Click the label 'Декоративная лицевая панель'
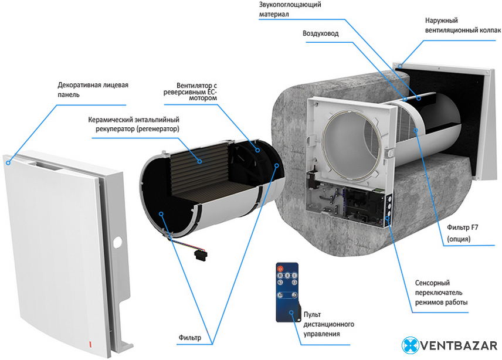93,89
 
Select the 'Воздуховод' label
320,33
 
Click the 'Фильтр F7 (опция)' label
459,234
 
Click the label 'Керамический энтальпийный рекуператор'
134,123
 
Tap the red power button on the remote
280,269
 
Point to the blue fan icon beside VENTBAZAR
411,345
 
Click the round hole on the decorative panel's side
117,241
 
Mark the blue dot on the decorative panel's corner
8,162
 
